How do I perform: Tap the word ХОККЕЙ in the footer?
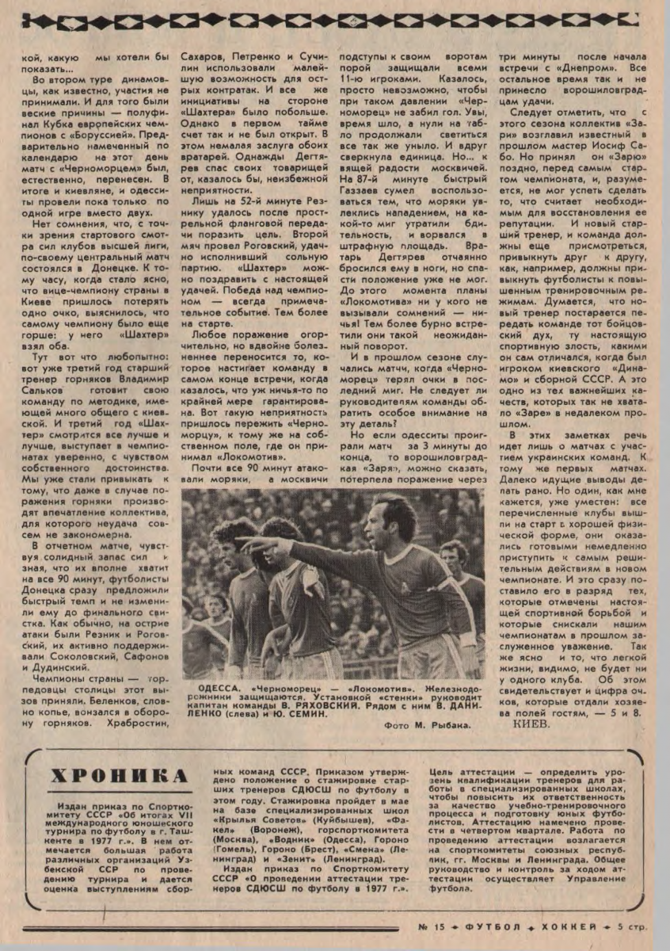click(561, 926)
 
